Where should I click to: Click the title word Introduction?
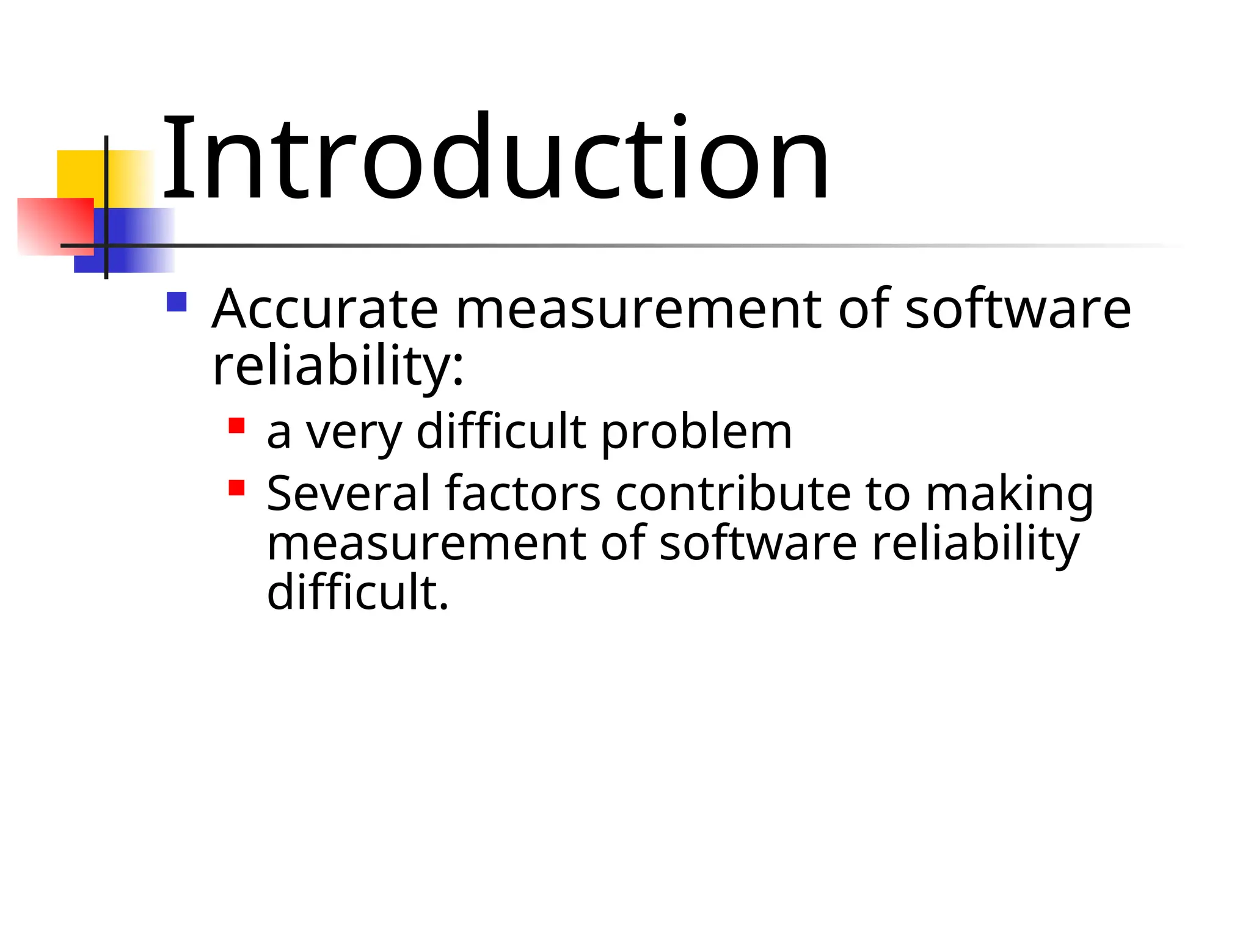coord(495,158)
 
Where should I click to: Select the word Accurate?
coord(325,308)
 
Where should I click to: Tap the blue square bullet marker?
coord(177,302)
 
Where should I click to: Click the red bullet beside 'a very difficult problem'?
coord(236,425)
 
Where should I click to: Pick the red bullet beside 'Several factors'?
coord(236,487)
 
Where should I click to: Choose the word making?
coord(1009,495)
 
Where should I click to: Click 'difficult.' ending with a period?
coord(358,592)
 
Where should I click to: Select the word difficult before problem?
coord(501,431)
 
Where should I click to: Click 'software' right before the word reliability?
coord(758,543)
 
